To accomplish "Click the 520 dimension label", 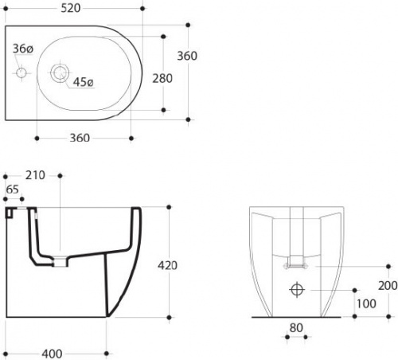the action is pyautogui.click(x=71, y=8).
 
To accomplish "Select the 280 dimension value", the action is pyautogui.click(x=162, y=79).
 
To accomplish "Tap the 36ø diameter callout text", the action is pyautogui.click(x=23, y=49).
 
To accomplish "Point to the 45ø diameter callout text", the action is pyautogui.click(x=84, y=82).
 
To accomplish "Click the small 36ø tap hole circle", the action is pyautogui.click(x=21, y=72).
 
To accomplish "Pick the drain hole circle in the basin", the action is pyautogui.click(x=60, y=72).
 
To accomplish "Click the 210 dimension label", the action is pyautogui.click(x=35, y=175).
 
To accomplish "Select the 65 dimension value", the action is pyautogui.click(x=13, y=190).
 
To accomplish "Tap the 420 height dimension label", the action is pyautogui.click(x=167, y=265).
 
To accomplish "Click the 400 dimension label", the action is pyautogui.click(x=52, y=354).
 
